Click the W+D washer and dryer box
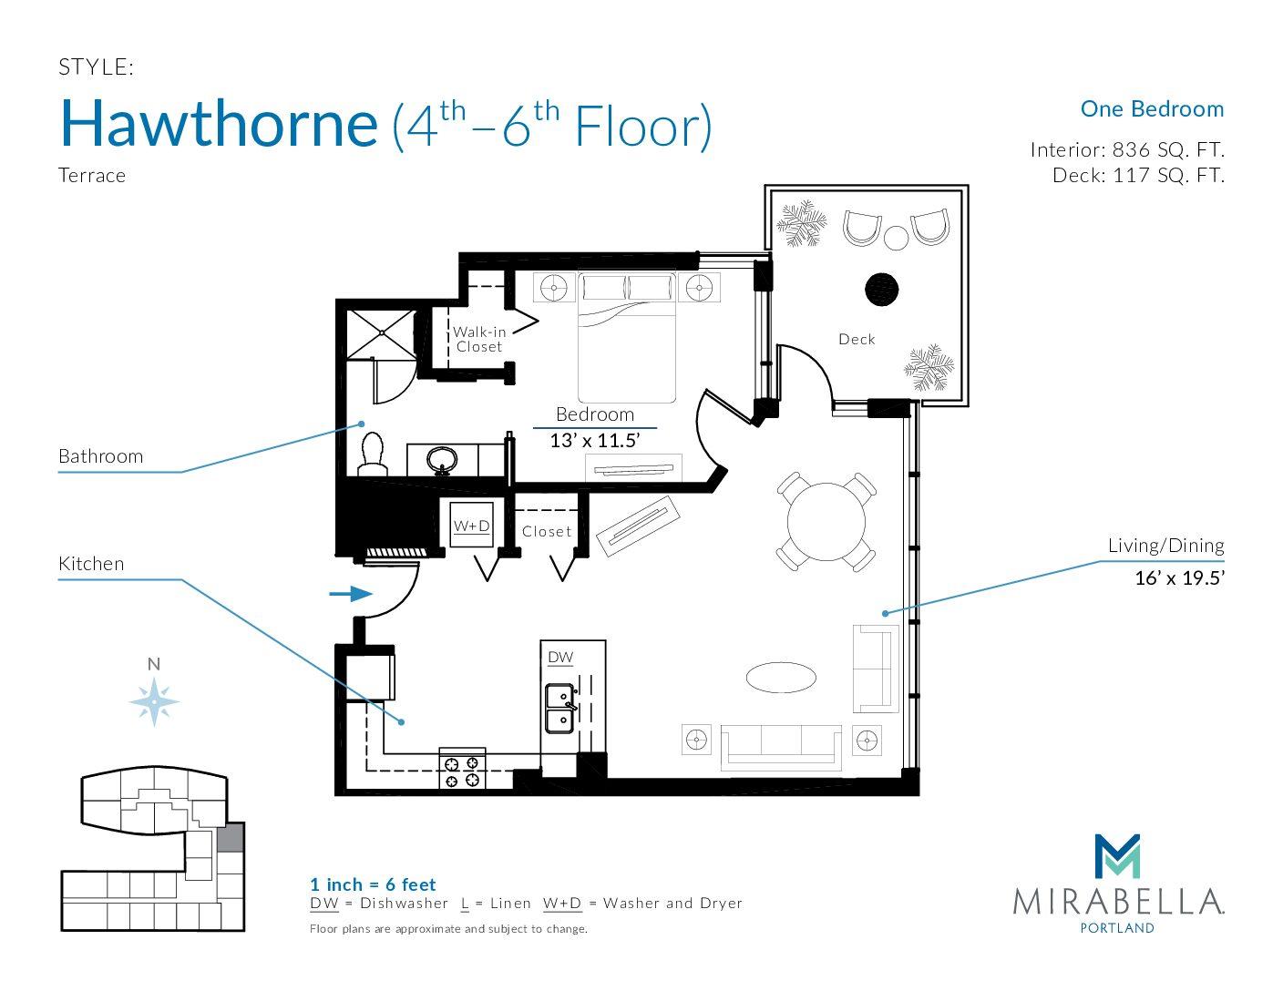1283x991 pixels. click(x=471, y=525)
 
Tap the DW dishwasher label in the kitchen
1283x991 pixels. click(x=560, y=658)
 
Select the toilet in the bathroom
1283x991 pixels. click(x=372, y=454)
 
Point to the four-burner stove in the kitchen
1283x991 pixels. click(x=462, y=769)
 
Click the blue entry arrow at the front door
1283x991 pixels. click(x=351, y=593)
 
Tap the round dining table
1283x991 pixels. click(x=826, y=522)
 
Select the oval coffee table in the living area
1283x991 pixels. click(x=781, y=678)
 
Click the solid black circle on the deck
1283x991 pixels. click(x=881, y=290)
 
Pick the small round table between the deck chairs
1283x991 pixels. click(x=897, y=238)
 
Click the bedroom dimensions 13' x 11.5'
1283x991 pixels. click(x=595, y=441)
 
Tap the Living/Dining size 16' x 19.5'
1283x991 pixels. click(x=1180, y=577)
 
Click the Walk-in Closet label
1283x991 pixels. click(x=478, y=340)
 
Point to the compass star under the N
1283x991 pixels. click(x=154, y=701)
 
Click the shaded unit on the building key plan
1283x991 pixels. click(x=231, y=838)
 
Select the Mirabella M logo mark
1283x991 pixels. click(x=1117, y=856)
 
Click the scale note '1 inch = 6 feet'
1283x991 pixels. click(x=373, y=884)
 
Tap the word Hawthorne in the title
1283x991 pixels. click(x=219, y=125)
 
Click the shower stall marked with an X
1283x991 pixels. click(x=381, y=334)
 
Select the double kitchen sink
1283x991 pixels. click(x=559, y=709)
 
